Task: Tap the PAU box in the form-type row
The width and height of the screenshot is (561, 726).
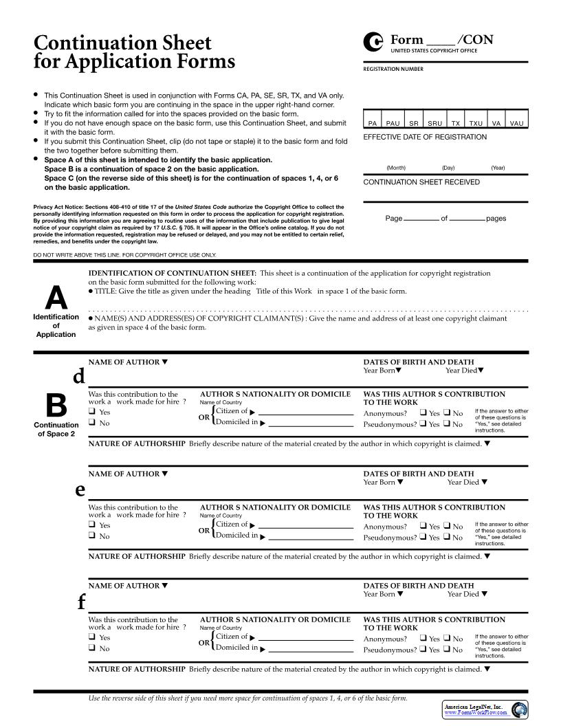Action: tap(393, 123)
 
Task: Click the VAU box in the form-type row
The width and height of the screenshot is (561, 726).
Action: tap(517, 123)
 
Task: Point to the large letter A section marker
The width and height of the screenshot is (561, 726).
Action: tap(56, 298)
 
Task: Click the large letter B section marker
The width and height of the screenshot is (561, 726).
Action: tap(56, 406)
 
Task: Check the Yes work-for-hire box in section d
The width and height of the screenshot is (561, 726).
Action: tap(91, 412)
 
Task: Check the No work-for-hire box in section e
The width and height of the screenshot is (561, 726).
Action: tap(91, 536)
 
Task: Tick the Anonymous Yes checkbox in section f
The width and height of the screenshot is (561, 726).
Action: tap(423, 639)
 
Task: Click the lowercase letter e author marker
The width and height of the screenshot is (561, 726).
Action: tap(80, 489)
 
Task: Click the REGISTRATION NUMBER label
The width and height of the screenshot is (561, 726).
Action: tap(393, 69)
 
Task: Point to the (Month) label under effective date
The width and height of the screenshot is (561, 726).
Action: tap(396, 168)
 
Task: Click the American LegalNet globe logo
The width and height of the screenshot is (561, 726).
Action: tap(520, 709)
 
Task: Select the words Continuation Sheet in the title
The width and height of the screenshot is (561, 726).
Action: tap(122, 43)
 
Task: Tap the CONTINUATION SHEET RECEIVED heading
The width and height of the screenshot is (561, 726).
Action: tap(421, 182)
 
